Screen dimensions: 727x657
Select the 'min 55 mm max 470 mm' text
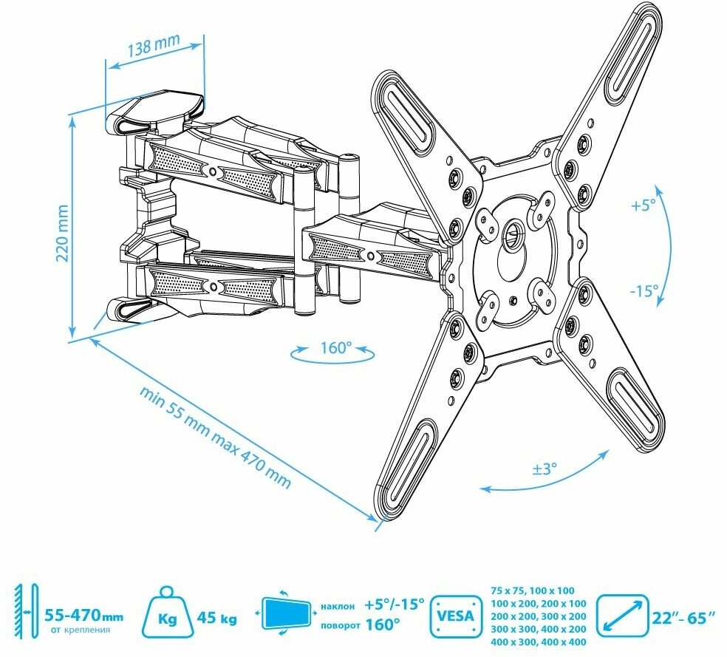point(214,436)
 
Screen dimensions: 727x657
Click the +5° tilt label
point(644,206)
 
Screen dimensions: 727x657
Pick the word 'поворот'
point(341,624)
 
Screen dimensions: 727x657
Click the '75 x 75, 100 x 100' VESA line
point(532,591)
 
